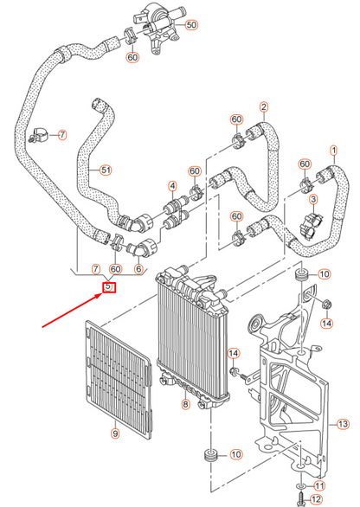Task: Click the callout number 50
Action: coord(191,24)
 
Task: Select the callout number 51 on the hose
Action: coord(106,170)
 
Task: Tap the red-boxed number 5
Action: coord(109,286)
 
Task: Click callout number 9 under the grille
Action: coord(114,433)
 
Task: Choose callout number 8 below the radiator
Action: coord(183,405)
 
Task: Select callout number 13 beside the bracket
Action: coord(342,424)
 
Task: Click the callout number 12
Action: coord(315,500)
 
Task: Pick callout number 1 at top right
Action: coord(331,150)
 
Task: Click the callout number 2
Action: coord(263,107)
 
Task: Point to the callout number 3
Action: coord(315,200)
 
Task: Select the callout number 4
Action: coord(173,186)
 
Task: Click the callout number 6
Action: coord(138,270)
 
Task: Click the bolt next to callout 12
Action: coord(300,498)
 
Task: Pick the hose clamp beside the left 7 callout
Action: coord(40,135)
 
